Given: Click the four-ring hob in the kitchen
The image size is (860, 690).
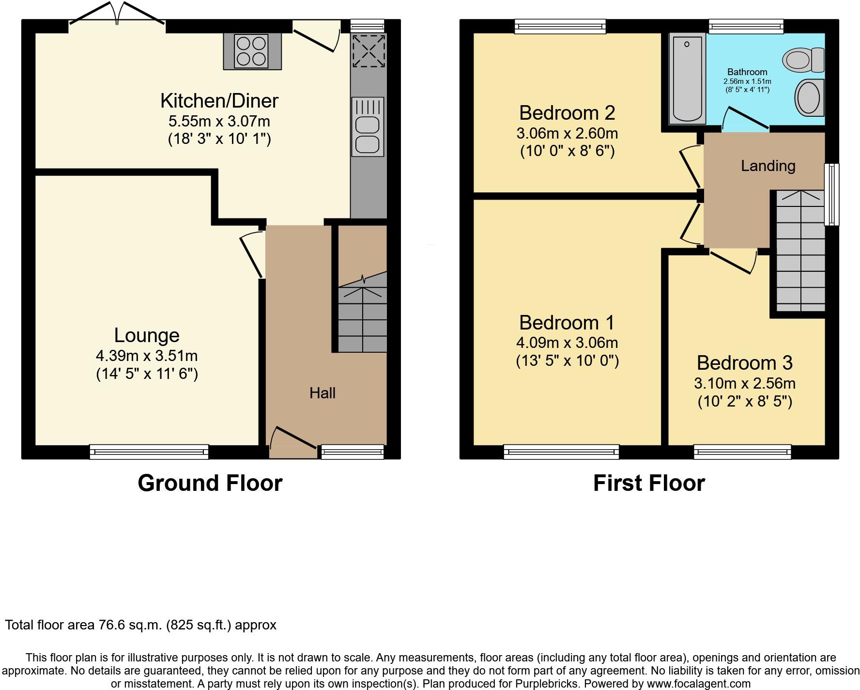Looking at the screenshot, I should click(252, 51).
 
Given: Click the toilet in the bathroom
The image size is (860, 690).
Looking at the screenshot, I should click(803, 60).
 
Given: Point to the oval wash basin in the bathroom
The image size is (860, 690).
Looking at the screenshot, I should click(809, 98).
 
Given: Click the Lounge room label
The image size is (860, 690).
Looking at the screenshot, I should click(147, 335).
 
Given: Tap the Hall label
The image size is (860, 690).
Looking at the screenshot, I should click(322, 393).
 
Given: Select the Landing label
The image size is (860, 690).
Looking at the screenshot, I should click(768, 166).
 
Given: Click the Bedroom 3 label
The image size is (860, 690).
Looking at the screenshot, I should click(744, 363).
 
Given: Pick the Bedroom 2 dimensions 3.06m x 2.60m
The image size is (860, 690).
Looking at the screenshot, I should click(567, 133).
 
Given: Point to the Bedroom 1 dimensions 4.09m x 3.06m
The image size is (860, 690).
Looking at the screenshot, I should click(567, 343).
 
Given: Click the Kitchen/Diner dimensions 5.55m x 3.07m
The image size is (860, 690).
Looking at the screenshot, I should click(219, 121).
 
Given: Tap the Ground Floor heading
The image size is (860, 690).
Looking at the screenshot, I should click(210, 483).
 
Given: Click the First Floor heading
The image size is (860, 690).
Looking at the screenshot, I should click(649, 483).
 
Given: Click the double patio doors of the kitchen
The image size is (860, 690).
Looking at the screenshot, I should click(117, 15).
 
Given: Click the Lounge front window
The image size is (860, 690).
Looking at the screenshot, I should click(149, 452).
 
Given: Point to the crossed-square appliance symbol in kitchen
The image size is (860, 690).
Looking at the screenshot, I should click(369, 50).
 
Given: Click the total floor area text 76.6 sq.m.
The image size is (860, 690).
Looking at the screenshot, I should click(140, 625).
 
